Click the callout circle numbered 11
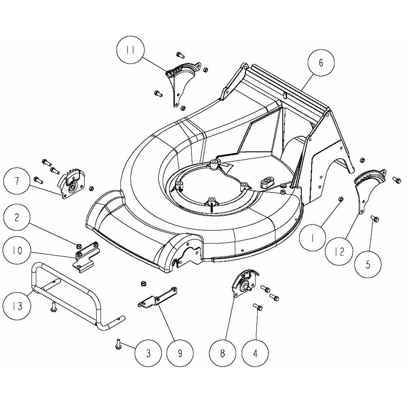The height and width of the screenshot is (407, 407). click(x=130, y=50)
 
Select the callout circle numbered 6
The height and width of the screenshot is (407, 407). click(x=320, y=63)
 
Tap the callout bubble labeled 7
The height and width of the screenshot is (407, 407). click(x=17, y=182)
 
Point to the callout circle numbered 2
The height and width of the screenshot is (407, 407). click(x=17, y=217)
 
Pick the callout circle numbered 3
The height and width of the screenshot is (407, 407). click(x=148, y=352)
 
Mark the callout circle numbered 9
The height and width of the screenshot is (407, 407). click(x=179, y=352)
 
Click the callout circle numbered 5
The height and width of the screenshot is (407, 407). click(x=368, y=265)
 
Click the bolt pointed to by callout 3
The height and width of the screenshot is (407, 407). click(x=117, y=345)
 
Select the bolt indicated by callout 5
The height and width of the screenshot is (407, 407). click(x=375, y=219)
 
